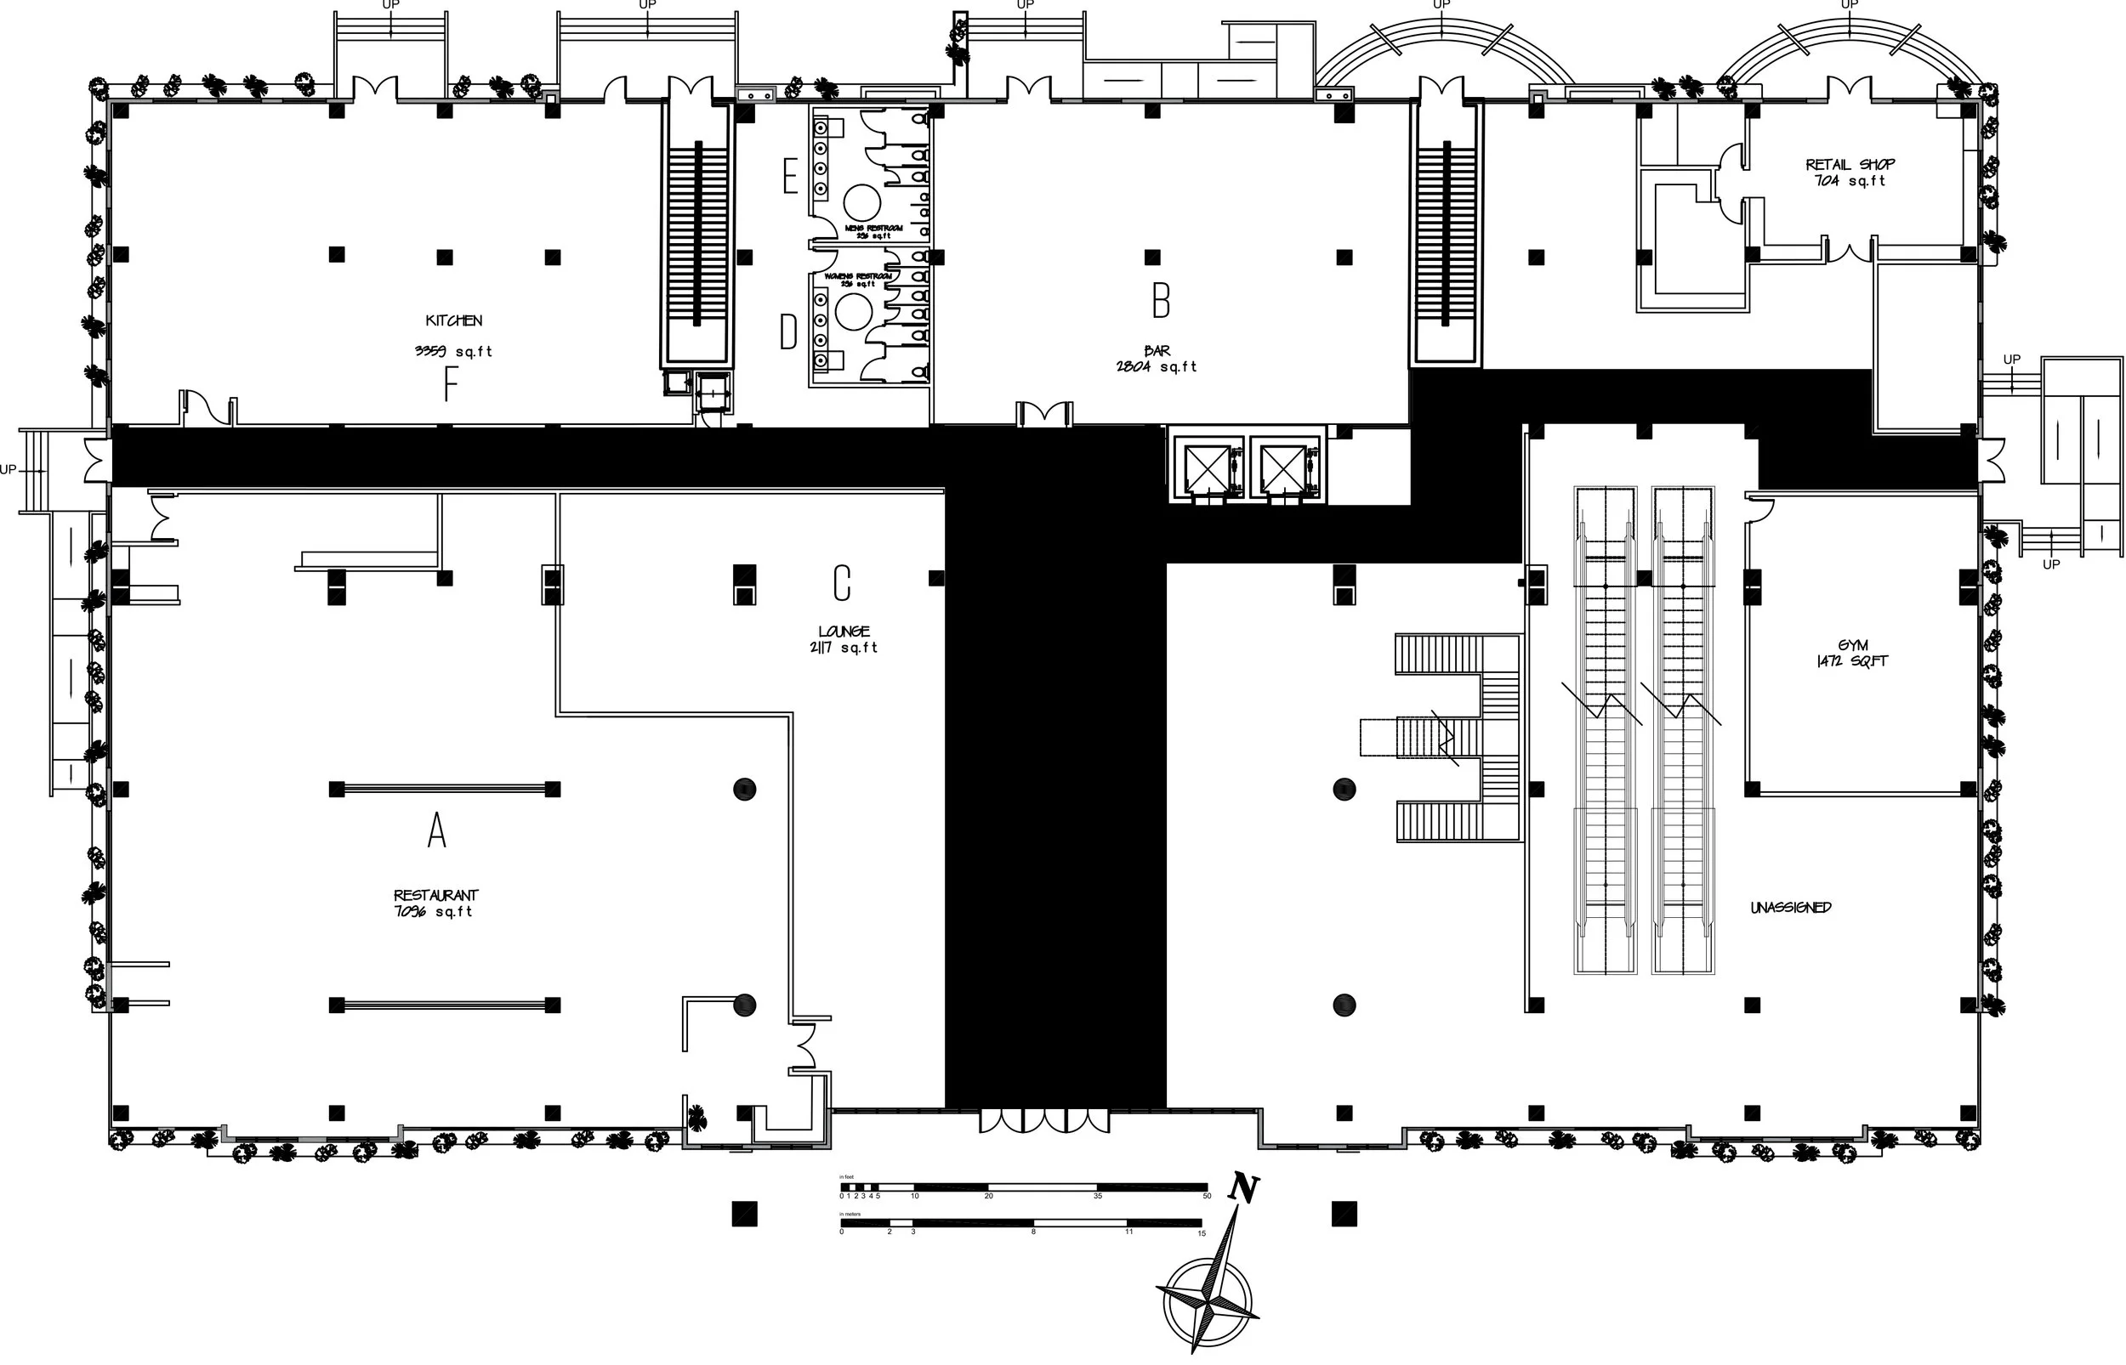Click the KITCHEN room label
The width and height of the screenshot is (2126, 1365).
(x=453, y=321)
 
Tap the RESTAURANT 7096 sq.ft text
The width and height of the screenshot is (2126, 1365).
(x=435, y=903)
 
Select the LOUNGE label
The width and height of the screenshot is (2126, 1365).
(x=843, y=632)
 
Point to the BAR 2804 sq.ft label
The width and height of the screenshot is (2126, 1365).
(x=1156, y=359)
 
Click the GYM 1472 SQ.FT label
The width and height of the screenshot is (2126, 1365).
(x=1852, y=654)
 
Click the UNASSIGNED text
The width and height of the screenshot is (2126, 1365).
(x=1790, y=908)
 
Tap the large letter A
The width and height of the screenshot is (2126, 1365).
(x=436, y=831)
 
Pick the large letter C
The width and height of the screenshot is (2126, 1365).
(x=841, y=583)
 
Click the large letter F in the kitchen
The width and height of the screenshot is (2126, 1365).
(x=451, y=385)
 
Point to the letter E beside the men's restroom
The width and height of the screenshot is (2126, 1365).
(x=790, y=178)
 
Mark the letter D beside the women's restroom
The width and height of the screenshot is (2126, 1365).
(x=787, y=333)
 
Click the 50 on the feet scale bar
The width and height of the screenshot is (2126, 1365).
(x=1206, y=1197)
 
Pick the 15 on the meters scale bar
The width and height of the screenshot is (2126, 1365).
(x=1202, y=1233)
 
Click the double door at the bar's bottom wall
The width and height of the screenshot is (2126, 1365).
(x=1043, y=413)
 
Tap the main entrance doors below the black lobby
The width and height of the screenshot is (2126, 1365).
(x=1044, y=1120)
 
